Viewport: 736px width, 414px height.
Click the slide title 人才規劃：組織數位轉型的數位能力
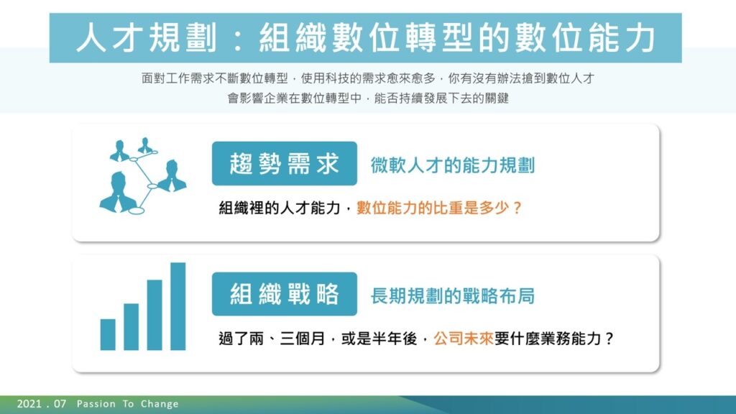pos(366,38)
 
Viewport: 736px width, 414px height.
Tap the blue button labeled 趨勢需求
pos(285,163)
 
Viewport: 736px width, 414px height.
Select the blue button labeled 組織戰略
pos(285,294)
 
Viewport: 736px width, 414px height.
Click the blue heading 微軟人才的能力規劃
pos(453,165)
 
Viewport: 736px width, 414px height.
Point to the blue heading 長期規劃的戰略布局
pos(453,295)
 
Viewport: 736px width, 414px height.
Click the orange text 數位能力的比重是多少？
pos(439,208)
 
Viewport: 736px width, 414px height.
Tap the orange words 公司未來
pos(464,338)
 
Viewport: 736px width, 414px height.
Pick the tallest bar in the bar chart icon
pos(178,306)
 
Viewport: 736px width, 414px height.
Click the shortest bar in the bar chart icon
pos(108,335)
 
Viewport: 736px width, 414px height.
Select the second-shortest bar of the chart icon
pos(131,327)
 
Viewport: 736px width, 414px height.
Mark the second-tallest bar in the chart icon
pos(155,315)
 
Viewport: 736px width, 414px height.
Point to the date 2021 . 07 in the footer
pos(41,404)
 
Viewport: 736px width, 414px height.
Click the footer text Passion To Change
pos(128,404)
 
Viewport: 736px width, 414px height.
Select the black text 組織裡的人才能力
pos(280,208)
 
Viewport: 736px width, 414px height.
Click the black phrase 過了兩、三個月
pos(272,338)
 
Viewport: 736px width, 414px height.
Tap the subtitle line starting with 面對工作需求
pos(368,78)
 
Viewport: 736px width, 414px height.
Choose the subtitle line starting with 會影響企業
pos(368,98)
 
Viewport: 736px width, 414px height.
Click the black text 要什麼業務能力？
pos(554,338)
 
